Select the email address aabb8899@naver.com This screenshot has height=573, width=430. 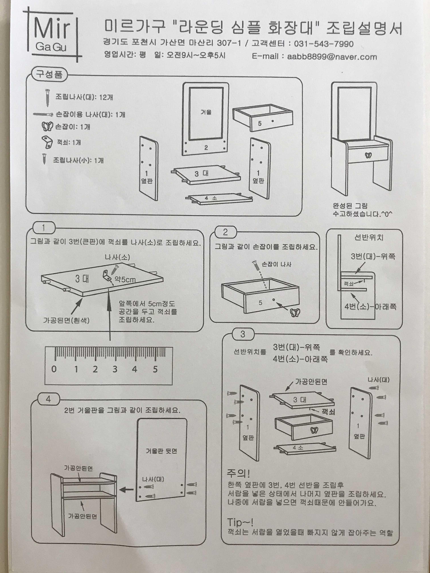(x=332, y=57)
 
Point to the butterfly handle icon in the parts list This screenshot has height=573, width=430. (x=47, y=127)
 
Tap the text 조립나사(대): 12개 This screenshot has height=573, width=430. (x=84, y=97)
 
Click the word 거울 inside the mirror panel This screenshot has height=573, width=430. (x=206, y=112)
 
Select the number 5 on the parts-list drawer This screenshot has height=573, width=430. (x=260, y=123)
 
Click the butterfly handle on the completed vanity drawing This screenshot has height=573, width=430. (x=368, y=155)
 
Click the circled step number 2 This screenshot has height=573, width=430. (x=225, y=232)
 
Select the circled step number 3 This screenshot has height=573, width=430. (x=243, y=334)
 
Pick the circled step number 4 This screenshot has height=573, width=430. (x=48, y=399)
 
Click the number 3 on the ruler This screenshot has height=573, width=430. (x=115, y=369)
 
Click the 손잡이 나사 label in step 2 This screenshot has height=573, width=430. (x=277, y=264)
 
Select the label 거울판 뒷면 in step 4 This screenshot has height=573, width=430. (x=161, y=451)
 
